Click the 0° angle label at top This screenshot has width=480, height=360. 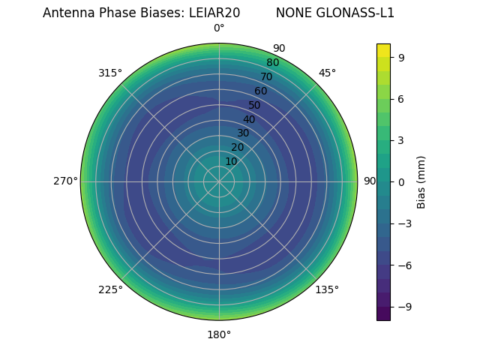pos(219,28)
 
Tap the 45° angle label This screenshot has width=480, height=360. pos(327,73)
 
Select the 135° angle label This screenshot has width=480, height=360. pos(327,289)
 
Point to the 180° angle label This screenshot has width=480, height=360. pos(219,334)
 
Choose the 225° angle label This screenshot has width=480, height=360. pos(110,289)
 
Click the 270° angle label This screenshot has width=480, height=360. pos(65,181)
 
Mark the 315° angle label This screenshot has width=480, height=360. pos(110,73)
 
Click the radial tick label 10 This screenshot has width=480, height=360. pos(231,161)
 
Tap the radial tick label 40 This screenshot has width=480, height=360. pos(249,119)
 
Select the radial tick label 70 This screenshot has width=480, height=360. pos(266,76)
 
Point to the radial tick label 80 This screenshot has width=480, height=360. pos(272,62)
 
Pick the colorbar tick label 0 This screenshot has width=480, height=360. pos(402,181)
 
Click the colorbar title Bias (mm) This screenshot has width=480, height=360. pos(421,181)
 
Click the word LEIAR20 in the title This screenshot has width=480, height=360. pos(214,13)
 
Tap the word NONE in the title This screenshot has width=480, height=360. pos(291,13)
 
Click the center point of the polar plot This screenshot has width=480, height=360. pos(219,181)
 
